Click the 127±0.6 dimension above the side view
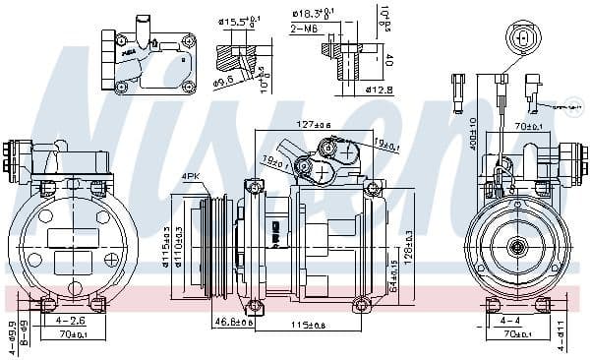click(315, 125)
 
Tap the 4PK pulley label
click(191, 177)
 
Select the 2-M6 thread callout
click(304, 29)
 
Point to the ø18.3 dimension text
click(312, 13)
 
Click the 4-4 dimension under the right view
click(510, 320)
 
